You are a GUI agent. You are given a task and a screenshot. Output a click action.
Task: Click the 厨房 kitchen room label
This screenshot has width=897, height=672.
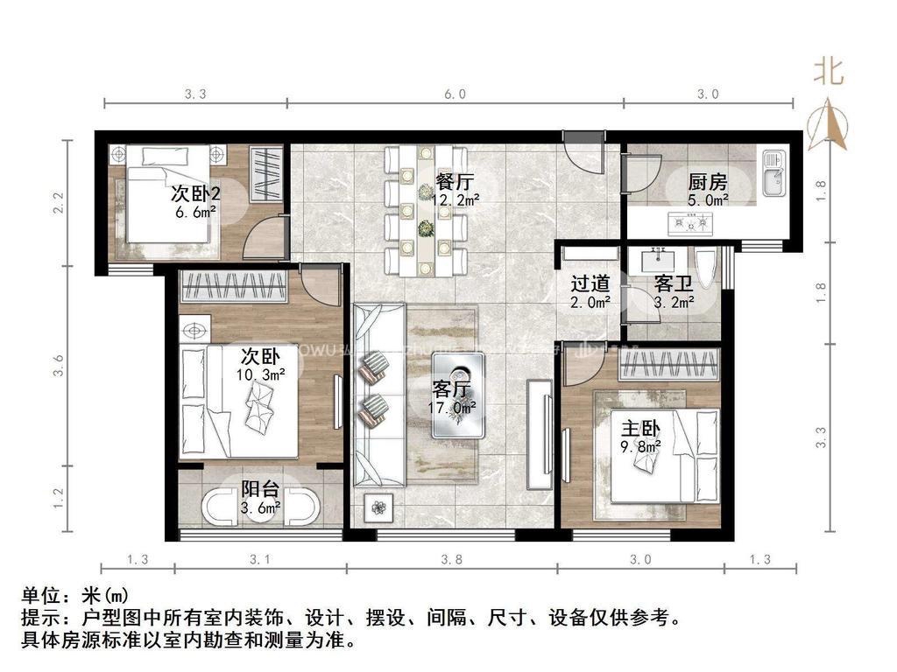(x=707, y=182)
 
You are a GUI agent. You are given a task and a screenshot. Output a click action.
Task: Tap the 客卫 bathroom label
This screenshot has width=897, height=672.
(x=675, y=283)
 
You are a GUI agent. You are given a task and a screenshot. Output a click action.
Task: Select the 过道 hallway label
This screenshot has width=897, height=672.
(x=590, y=283)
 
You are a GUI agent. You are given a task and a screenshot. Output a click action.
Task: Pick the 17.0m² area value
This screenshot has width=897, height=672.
(x=453, y=407)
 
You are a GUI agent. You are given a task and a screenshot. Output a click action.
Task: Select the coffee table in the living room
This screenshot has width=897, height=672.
(x=458, y=395)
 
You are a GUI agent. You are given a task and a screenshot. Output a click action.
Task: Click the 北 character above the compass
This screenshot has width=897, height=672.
(x=829, y=72)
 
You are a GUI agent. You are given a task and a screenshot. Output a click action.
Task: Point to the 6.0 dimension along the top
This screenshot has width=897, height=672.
(x=455, y=94)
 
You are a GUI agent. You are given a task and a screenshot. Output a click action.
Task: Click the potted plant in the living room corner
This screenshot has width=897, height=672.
(x=378, y=507)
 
